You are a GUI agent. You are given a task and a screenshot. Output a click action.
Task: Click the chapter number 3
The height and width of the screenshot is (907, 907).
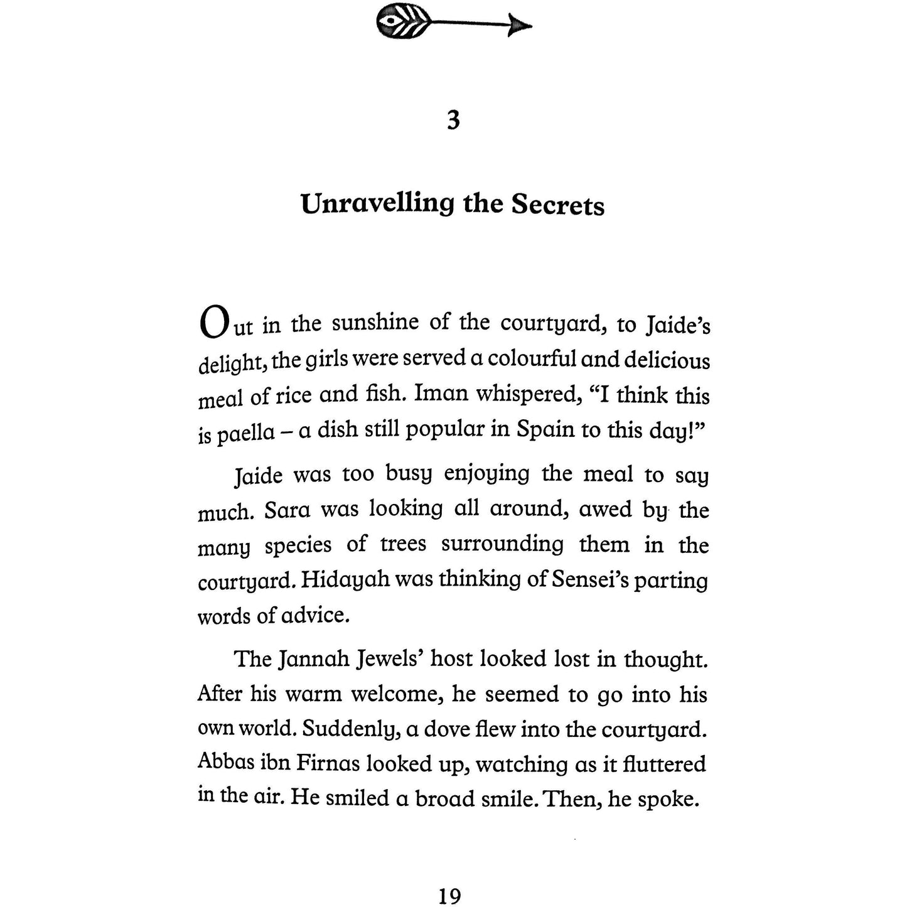click(x=453, y=119)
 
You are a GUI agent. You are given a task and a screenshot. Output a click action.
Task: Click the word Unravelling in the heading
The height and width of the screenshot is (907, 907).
click(x=377, y=205)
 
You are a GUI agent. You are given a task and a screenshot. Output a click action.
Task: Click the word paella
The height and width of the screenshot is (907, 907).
click(x=246, y=434)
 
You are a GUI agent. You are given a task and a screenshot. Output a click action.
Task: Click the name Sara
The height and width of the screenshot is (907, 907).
click(x=287, y=509)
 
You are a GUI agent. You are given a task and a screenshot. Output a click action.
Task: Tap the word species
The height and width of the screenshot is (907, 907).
click(x=298, y=545)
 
